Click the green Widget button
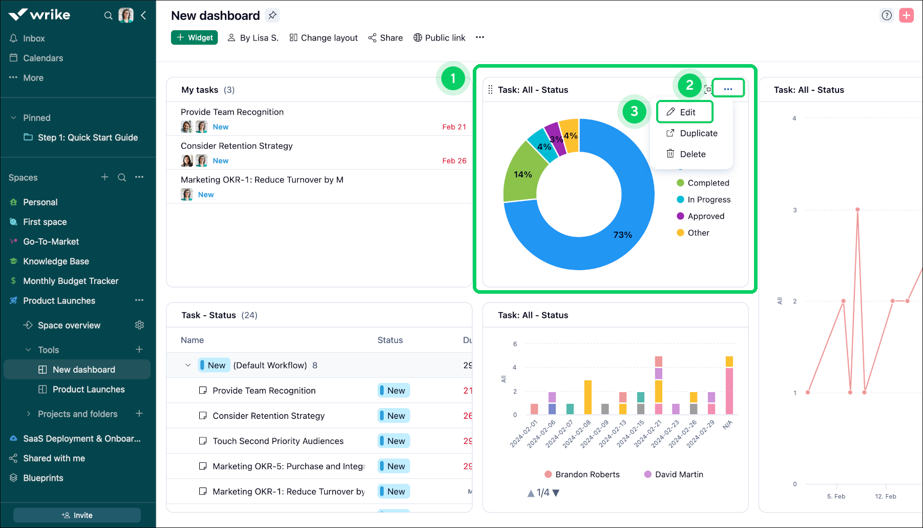194,37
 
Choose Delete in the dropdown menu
692,154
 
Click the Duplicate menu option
698,133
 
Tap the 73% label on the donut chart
622,235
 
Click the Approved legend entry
705,216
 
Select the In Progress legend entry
708,199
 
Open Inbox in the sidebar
34,38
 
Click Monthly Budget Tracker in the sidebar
71,281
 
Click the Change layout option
324,38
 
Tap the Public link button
439,38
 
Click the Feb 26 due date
454,161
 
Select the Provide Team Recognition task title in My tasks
232,112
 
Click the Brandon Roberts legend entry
587,475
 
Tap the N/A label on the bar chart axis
727,425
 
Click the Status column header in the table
390,340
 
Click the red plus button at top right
907,15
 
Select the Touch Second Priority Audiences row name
278,441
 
